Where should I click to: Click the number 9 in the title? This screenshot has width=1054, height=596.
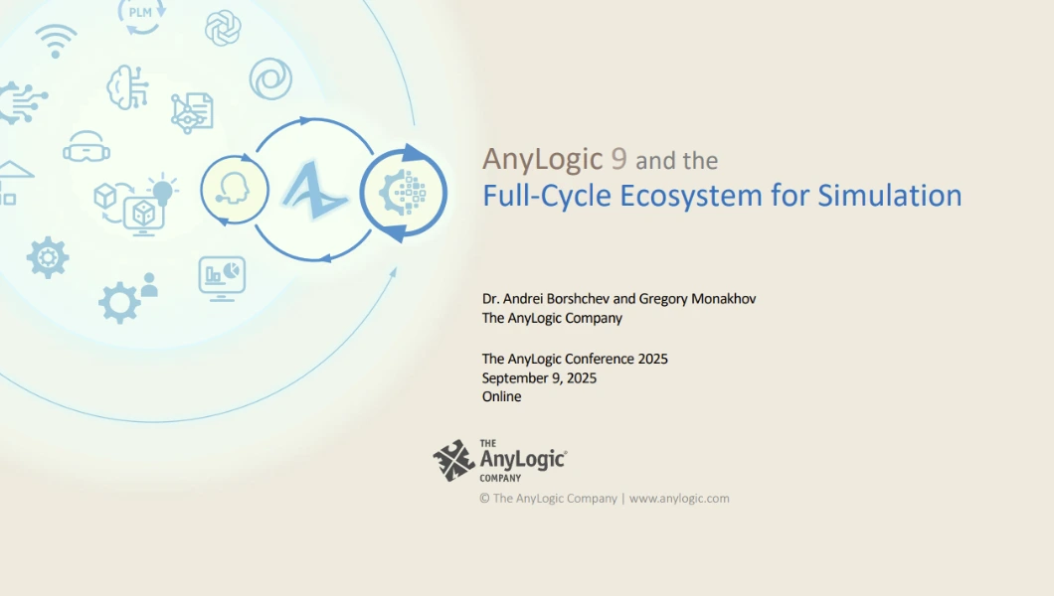pyautogui.click(x=618, y=159)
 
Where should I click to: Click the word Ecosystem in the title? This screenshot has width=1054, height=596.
pyautogui.click(x=690, y=196)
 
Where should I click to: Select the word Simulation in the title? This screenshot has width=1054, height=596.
pyautogui.click(x=889, y=196)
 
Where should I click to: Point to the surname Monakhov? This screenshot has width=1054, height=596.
pyautogui.click(x=723, y=299)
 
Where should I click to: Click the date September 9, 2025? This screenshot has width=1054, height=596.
pyautogui.click(x=539, y=377)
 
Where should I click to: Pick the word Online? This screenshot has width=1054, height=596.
pyautogui.click(x=501, y=396)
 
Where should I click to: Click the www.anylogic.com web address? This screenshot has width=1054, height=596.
pyautogui.click(x=679, y=499)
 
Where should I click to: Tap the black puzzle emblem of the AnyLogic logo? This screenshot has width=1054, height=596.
pyautogui.click(x=453, y=461)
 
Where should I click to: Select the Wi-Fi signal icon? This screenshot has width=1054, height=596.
pyautogui.click(x=56, y=41)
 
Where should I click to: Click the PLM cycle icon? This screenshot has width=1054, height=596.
pyautogui.click(x=140, y=16)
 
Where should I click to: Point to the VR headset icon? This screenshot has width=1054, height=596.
pyautogui.click(x=87, y=147)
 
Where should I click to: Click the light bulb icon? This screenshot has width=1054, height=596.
pyautogui.click(x=162, y=190)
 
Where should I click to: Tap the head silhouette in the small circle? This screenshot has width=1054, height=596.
pyautogui.click(x=234, y=190)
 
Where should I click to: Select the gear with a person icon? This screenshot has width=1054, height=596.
pyautogui.click(x=127, y=298)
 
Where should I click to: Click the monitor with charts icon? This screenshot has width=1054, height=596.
pyautogui.click(x=222, y=278)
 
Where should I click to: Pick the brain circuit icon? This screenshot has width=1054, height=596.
pyautogui.click(x=127, y=87)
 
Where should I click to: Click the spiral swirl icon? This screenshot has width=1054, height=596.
pyautogui.click(x=270, y=78)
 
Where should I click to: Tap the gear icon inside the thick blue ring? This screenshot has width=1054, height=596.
pyautogui.click(x=403, y=193)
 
